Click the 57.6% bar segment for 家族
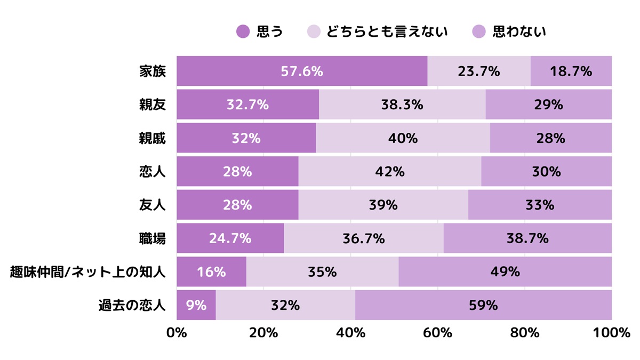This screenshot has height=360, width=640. (x=302, y=71)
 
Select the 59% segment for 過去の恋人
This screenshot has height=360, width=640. (x=483, y=306)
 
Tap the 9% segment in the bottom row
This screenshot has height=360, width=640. (x=196, y=306)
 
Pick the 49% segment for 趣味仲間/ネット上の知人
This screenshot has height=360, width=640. (x=505, y=272)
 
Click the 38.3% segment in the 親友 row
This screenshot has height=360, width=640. (x=402, y=105)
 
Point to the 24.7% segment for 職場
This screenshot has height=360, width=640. (x=230, y=238)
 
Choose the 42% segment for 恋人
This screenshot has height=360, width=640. (x=390, y=172)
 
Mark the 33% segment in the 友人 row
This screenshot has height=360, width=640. (x=540, y=205)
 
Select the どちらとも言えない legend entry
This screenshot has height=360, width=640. (x=378, y=32)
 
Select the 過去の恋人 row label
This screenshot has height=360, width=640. (x=132, y=306)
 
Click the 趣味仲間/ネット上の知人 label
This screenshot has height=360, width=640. (x=88, y=272)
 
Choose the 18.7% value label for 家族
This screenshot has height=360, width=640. (x=571, y=71)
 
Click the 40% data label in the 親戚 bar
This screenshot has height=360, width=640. (x=403, y=138)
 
